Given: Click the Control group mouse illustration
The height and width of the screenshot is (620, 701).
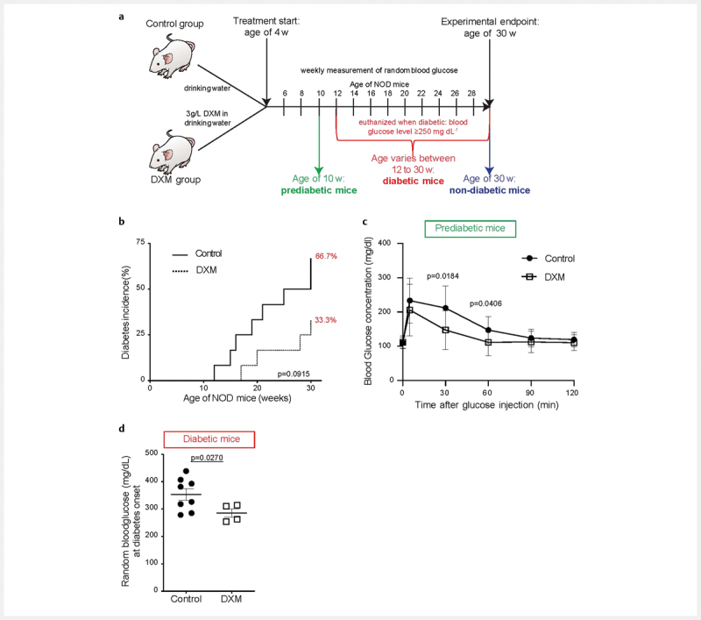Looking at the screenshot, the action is point(172,59).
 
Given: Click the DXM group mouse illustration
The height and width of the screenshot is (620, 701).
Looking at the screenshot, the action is point(172,153).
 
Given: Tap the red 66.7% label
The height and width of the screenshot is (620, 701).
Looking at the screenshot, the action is point(326,256).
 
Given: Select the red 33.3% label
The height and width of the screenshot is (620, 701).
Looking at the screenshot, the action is point(325,320).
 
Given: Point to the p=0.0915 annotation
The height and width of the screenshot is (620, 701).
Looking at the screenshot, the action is point(294,374).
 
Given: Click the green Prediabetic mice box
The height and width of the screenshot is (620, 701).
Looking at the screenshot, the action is point(470,229).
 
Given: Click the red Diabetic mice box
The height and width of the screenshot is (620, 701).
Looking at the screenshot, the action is point(209,439).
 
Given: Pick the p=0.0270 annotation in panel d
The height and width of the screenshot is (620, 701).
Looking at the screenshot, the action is point(207,458).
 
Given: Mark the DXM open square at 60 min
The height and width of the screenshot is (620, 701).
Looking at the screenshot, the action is point(488,342).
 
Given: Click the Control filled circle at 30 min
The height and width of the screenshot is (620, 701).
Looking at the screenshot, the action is point(445,308).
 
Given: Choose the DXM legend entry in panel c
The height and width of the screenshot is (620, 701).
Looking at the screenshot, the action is point(543,277).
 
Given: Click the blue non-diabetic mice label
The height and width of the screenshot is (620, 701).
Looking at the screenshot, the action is point(490,190).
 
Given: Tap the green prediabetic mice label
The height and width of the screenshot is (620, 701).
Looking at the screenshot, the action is point(319,190).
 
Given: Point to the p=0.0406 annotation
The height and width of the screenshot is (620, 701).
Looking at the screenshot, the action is point(485,303).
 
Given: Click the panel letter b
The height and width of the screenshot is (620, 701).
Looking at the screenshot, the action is point(122,221).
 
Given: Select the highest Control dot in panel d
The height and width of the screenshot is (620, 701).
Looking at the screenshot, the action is point(186,471).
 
